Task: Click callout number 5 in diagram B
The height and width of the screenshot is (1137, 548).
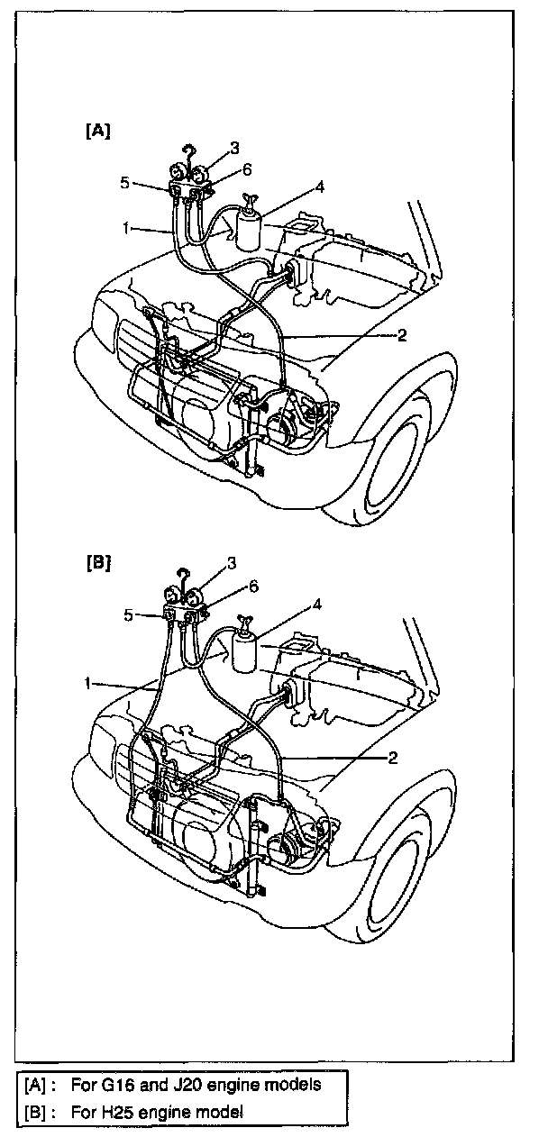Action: (128, 616)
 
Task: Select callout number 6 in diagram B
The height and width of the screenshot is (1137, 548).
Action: (253, 587)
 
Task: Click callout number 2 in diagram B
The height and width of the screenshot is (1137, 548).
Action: (393, 758)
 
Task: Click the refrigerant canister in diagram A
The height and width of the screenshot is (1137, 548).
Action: (248, 225)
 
